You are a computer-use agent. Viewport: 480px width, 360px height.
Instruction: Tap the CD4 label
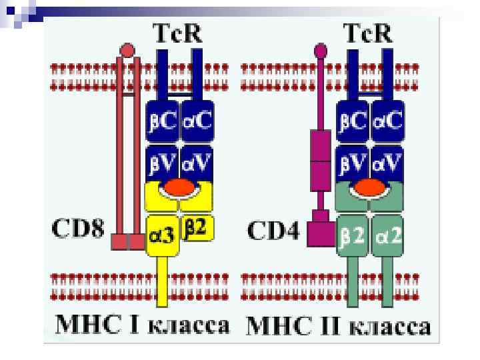click(274, 231)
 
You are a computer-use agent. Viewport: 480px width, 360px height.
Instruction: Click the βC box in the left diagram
click(160, 121)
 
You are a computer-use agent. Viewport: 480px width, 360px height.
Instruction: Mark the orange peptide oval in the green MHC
click(371, 189)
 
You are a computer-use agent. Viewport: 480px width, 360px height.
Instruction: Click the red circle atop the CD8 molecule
click(127, 50)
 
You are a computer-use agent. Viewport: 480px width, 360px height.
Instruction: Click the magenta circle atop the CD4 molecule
click(321, 50)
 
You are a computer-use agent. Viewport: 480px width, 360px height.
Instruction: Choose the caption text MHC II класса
click(339, 327)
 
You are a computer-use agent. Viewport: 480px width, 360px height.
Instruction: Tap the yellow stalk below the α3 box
click(161, 280)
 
